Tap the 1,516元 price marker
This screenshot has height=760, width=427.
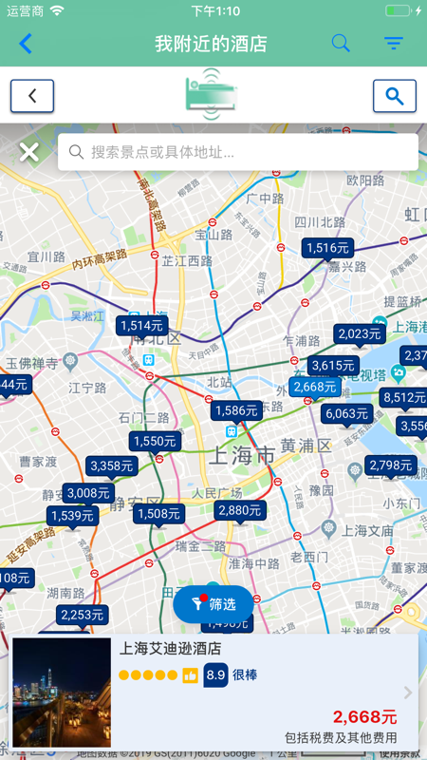point(327,248)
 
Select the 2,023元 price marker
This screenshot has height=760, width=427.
point(359,333)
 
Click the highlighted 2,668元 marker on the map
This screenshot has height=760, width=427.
point(314,387)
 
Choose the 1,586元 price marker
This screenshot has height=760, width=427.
point(236,410)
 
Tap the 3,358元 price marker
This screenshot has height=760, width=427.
point(111,465)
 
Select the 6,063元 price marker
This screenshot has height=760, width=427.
point(346,413)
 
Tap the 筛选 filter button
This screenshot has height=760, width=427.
point(213,603)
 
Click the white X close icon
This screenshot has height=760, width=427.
point(29,152)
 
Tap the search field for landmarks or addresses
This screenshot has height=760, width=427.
point(237,152)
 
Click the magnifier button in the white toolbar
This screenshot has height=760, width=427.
point(395,96)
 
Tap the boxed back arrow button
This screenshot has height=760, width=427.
point(32,96)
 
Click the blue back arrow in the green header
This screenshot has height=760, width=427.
point(26,44)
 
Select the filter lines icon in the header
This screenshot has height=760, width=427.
point(393,44)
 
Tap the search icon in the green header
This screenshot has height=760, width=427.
point(341,44)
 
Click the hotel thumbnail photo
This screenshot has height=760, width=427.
point(62,692)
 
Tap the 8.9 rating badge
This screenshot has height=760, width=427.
point(215,674)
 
